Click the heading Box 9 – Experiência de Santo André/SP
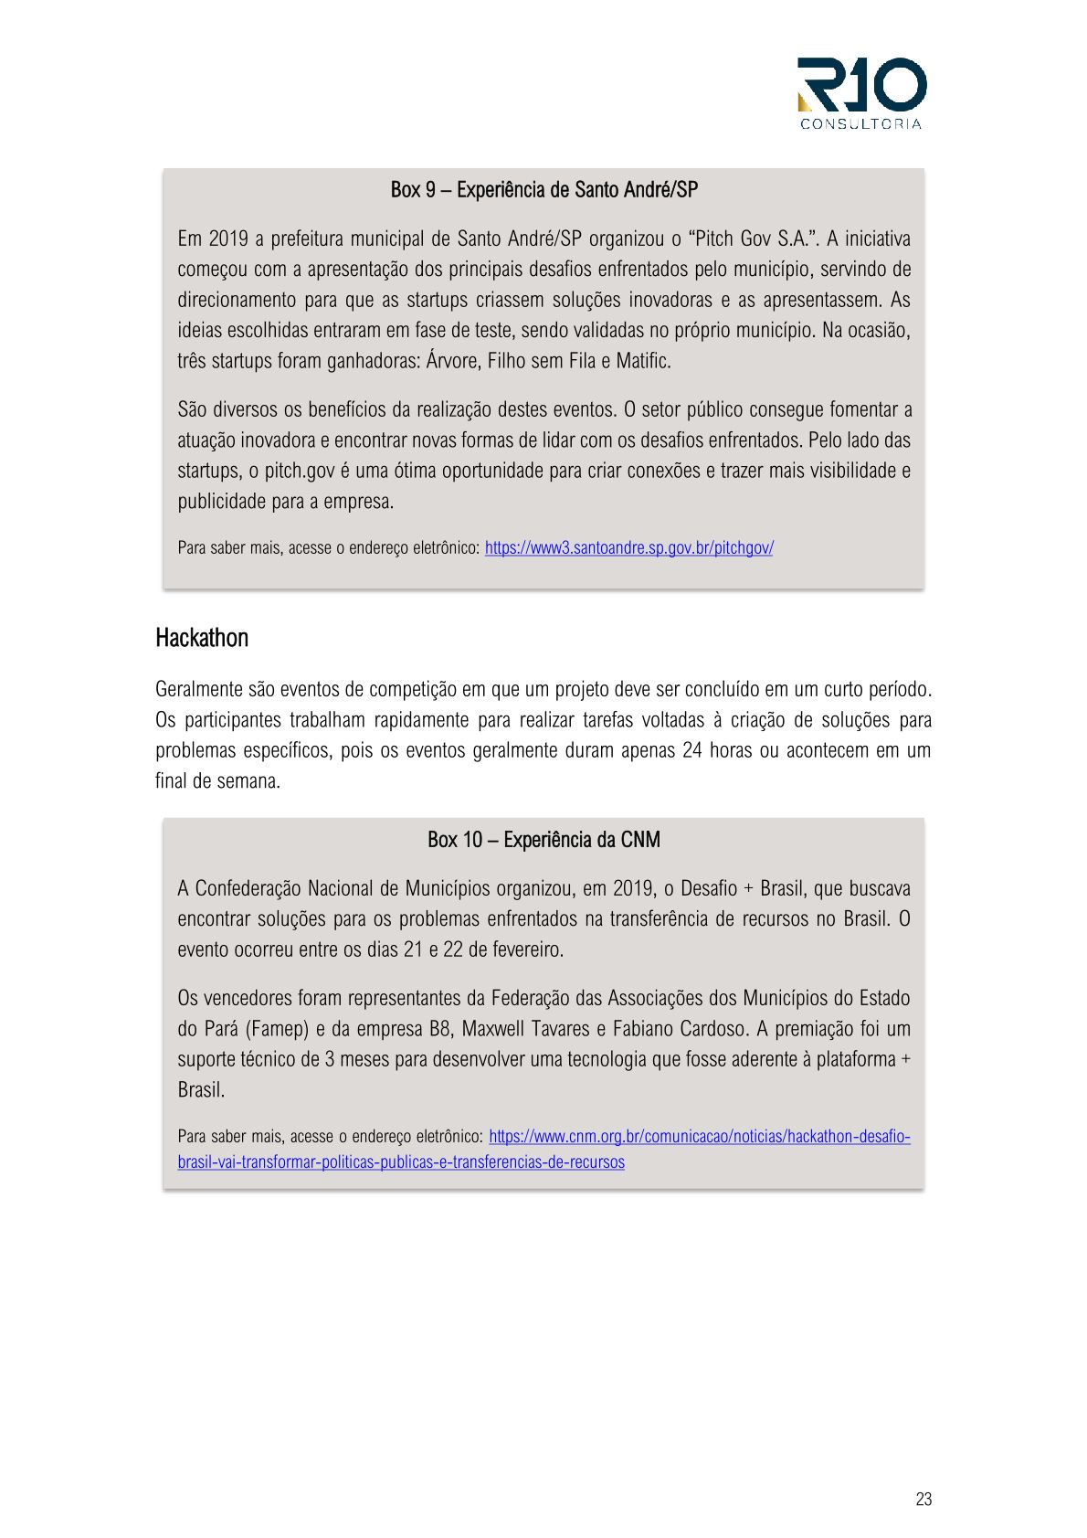[543, 190]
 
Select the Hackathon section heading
[202, 638]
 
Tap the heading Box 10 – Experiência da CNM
[543, 840]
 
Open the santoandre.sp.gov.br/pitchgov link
[628, 548]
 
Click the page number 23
[923, 1500]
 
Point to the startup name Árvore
[452, 361]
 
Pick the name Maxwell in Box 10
[501, 1029]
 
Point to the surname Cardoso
[711, 1029]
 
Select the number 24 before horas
[692, 751]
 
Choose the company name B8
[440, 1029]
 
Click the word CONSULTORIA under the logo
[860, 124]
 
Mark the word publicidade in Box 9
[220, 502]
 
